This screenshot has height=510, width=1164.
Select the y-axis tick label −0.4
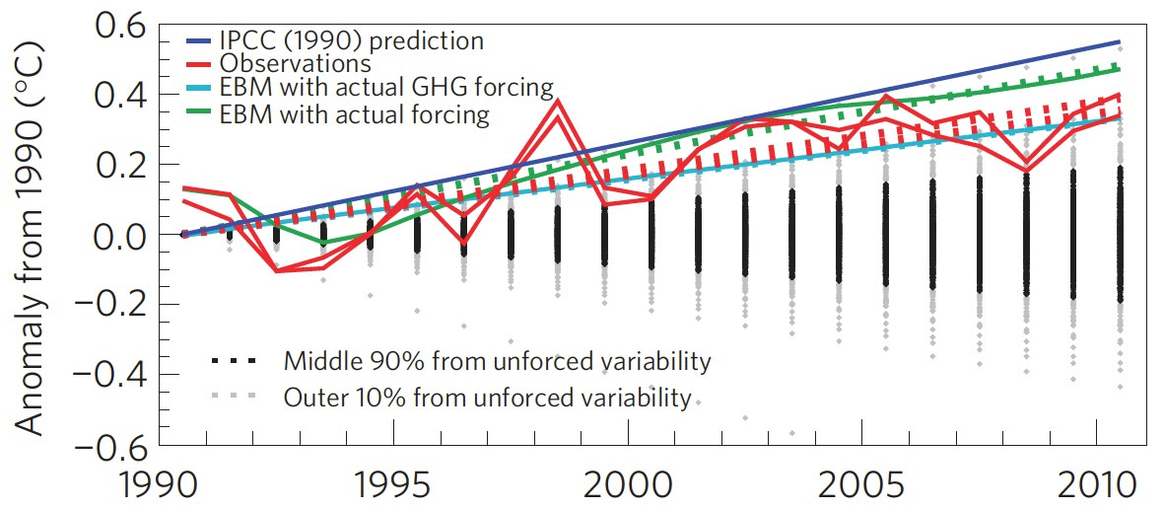(x=107, y=375)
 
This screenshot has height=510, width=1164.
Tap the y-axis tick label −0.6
(x=107, y=445)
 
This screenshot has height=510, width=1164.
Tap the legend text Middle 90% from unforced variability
(x=496, y=361)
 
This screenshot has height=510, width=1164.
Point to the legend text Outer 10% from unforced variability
(x=487, y=398)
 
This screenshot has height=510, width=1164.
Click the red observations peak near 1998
(x=558, y=101)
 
